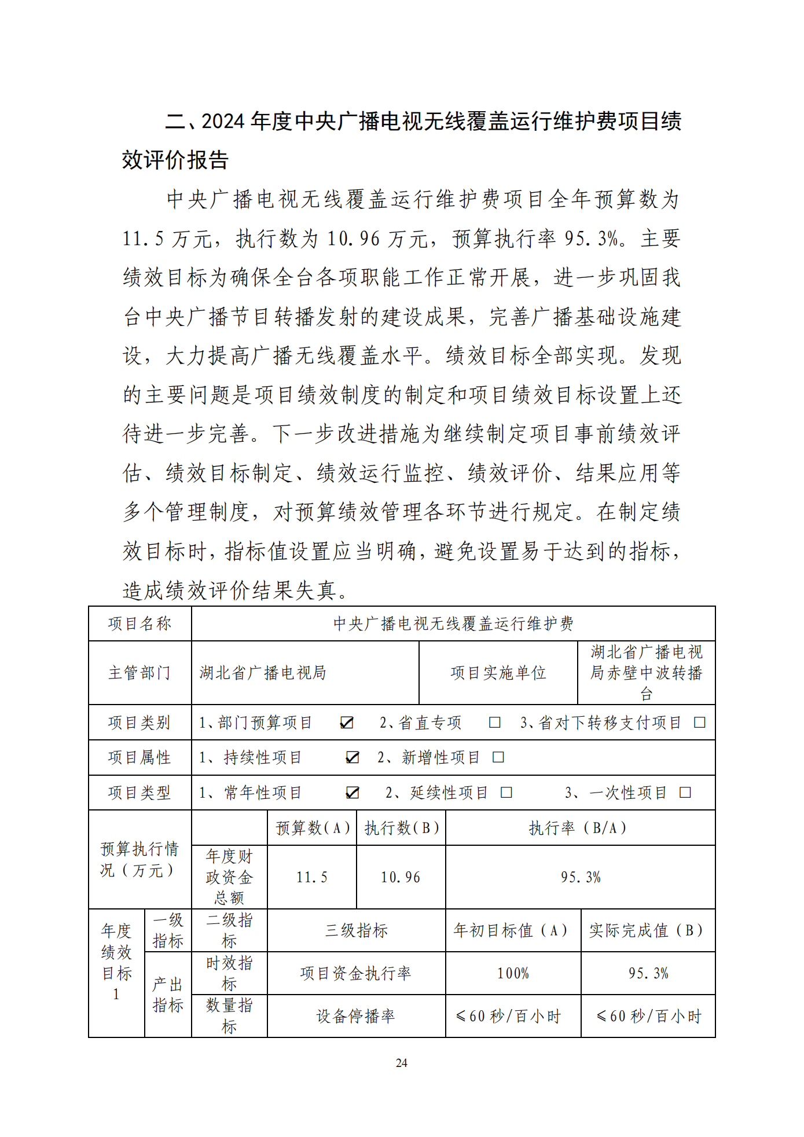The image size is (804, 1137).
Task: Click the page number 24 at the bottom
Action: tap(401, 1062)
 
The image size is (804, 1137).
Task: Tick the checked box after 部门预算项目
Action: tap(347, 722)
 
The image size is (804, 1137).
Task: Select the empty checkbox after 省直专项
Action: tap(494, 722)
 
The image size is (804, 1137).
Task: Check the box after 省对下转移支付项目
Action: tap(699, 722)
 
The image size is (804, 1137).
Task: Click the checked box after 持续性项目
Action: tap(352, 757)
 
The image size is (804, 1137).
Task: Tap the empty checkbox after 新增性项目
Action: tap(498, 757)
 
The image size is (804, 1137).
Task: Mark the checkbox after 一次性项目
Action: tap(685, 792)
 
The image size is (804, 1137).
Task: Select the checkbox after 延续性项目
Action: tap(506, 792)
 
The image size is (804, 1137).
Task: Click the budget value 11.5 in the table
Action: tap(312, 877)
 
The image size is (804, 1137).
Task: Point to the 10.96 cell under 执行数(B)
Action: tap(401, 877)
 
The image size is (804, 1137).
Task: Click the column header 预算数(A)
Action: tap(313, 828)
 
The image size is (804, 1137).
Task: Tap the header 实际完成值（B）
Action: tap(647, 930)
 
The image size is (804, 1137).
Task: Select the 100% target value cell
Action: tap(513, 973)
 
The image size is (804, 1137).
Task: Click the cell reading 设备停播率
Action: tap(356, 1016)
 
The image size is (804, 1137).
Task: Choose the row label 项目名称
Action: tap(139, 623)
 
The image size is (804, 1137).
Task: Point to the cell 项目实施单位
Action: tap(498, 673)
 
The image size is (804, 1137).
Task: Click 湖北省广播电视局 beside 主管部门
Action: tap(263, 673)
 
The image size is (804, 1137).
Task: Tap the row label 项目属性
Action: tap(139, 757)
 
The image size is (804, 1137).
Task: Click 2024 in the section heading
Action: tap(223, 122)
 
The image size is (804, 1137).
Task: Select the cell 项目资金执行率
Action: tap(356, 973)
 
